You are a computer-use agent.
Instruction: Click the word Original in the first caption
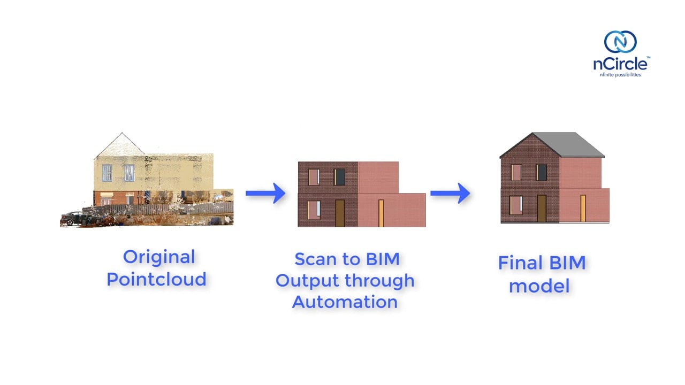tap(159, 257)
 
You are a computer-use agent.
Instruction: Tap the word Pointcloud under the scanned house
tap(156, 279)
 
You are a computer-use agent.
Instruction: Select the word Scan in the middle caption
tap(319, 259)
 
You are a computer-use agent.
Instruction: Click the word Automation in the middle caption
tap(345, 302)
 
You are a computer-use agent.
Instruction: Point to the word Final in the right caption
tap(518, 263)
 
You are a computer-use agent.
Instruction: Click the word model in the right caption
tap(539, 286)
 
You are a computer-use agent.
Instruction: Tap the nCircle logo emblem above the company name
tap(620, 42)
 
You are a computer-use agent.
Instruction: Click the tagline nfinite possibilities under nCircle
tap(620, 75)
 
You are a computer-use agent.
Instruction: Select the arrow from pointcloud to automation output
tap(265, 193)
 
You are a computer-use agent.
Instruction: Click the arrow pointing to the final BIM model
tap(450, 194)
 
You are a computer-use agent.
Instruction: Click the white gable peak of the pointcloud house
tap(122, 144)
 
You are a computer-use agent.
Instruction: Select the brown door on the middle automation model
tap(339, 213)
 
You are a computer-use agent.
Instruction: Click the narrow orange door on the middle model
tap(381, 213)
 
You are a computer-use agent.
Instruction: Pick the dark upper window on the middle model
tap(340, 177)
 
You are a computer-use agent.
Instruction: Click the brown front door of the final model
tap(542, 208)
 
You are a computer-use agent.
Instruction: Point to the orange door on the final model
tap(583, 208)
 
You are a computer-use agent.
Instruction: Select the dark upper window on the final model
tap(542, 172)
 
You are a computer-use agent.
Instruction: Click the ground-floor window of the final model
tap(516, 205)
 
